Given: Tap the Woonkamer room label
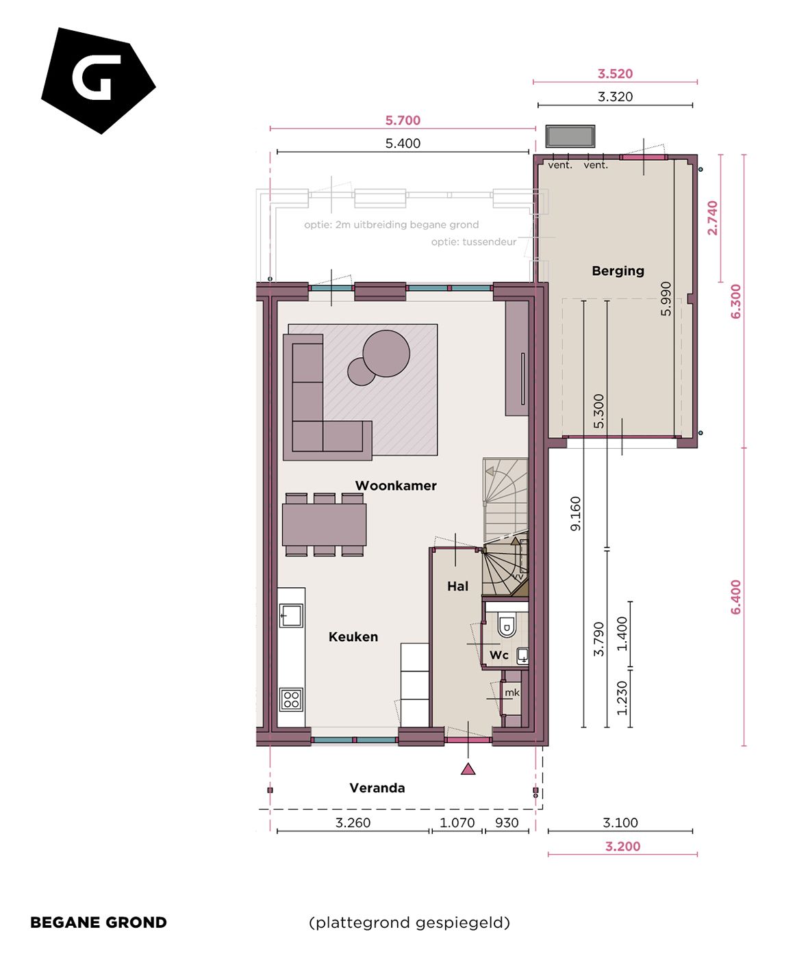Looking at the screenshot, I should (x=395, y=486).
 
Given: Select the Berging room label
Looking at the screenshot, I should (x=618, y=271).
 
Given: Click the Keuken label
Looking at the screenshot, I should (x=353, y=637).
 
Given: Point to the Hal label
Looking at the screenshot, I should (x=457, y=586).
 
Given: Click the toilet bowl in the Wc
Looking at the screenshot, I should (x=507, y=625).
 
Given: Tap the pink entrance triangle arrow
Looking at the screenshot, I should (x=468, y=769).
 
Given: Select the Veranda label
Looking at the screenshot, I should (x=377, y=788).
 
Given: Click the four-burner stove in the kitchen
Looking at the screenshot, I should (x=291, y=699).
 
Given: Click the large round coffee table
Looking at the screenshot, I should (x=386, y=353).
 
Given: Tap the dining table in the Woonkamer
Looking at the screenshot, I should (x=324, y=524).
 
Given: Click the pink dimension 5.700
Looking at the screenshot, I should (x=403, y=120).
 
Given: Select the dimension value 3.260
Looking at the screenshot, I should (x=353, y=823).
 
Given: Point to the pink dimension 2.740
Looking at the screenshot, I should (x=713, y=218).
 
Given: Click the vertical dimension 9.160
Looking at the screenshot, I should (x=575, y=513).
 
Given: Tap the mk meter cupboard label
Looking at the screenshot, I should (x=512, y=692).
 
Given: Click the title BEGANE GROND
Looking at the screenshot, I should (x=99, y=922).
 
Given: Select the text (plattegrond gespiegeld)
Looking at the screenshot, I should (x=409, y=922).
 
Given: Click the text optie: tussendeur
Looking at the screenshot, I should (x=473, y=242).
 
